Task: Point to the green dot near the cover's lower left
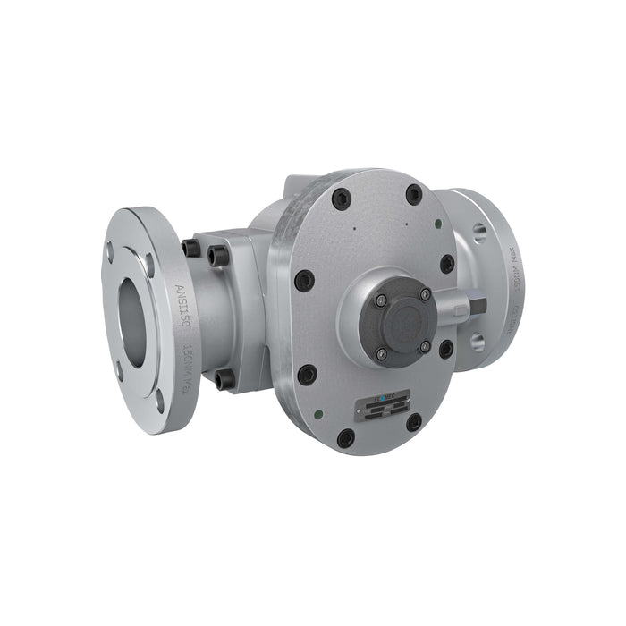click(x=319, y=413)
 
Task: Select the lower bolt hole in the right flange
click(x=477, y=341)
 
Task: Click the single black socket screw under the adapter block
click(x=224, y=379)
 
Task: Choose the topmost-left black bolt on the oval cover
click(x=341, y=199)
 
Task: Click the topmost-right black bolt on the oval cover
click(x=414, y=194)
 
